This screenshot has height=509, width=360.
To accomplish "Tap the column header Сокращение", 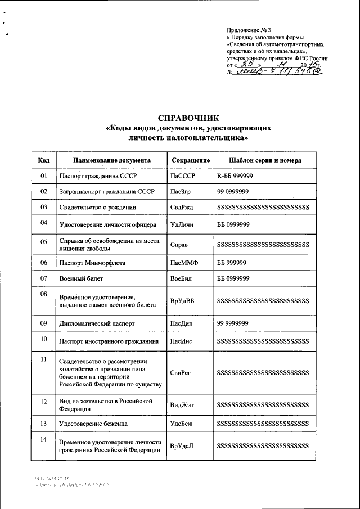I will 190,160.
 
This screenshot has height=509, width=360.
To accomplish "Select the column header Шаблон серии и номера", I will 265,160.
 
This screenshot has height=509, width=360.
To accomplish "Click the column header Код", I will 43,160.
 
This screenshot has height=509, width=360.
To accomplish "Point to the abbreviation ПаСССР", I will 182,176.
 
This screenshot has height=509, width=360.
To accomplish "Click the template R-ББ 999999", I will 235,176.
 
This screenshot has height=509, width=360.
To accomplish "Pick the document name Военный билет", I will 81,278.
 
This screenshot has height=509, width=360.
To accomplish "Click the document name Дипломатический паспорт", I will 97,324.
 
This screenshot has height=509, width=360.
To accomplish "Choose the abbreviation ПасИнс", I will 182,341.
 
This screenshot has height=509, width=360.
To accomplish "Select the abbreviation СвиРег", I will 181,372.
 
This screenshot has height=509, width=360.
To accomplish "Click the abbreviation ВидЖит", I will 182,404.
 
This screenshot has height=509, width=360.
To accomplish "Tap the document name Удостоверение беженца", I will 93,423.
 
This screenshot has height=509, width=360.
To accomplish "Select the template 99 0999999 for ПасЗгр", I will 233,192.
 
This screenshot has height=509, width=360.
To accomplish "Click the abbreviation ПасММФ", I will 184,263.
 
